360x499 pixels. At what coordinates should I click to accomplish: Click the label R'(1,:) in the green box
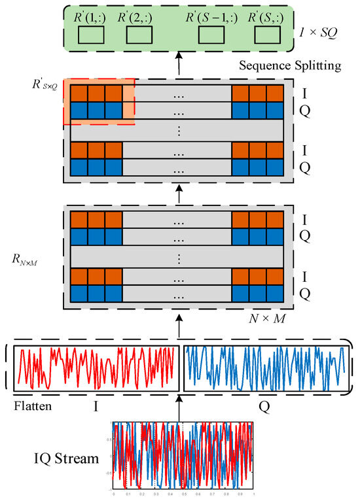[87, 16]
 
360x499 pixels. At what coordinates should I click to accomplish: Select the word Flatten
[31, 405]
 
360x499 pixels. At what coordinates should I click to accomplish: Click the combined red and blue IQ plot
[183, 455]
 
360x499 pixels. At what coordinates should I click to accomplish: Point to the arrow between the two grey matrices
[179, 193]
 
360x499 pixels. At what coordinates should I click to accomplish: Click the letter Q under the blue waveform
[264, 405]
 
